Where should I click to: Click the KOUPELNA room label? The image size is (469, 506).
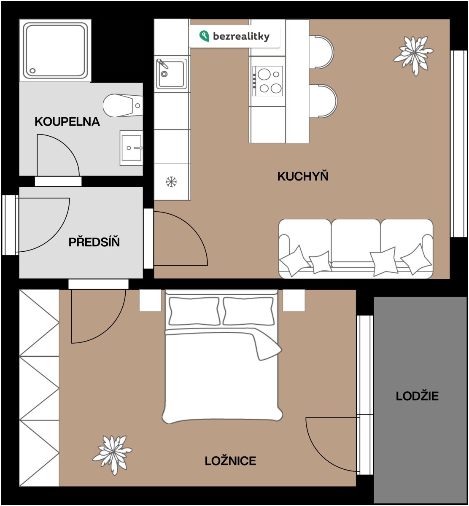click(67, 121)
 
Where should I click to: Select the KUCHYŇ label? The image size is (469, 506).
click(303, 176)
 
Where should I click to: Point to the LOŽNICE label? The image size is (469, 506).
click(230, 460)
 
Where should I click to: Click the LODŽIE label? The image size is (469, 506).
click(417, 396)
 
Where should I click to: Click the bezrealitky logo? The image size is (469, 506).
click(234, 36)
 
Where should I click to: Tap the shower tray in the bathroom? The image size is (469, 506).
click(55, 50)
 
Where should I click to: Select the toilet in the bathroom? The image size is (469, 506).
click(123, 105)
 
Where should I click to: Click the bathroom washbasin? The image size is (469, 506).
click(131, 148)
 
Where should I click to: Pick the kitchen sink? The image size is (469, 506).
click(171, 74)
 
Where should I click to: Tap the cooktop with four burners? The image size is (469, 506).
click(268, 81)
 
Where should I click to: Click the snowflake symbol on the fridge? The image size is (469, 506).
click(171, 182)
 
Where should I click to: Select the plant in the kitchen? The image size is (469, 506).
click(413, 55)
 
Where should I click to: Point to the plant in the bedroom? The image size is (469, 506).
click(112, 455)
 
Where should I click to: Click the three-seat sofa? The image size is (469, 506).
click(356, 248)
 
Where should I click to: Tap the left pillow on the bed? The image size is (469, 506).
click(194, 311)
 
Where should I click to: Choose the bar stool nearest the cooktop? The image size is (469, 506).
click(323, 101)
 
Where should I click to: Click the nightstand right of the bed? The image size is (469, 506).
click(294, 300)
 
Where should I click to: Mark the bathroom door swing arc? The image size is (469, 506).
click(67, 146)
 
